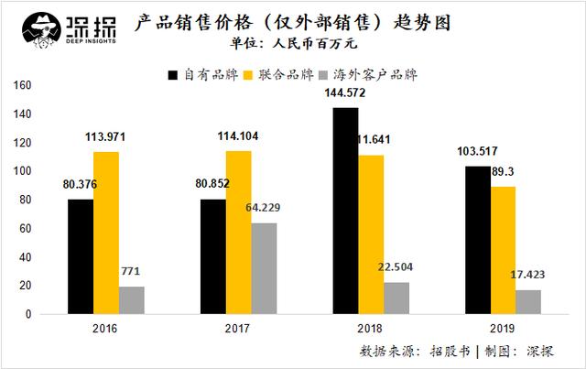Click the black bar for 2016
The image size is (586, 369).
(x=80, y=256)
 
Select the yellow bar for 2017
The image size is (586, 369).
(x=238, y=233)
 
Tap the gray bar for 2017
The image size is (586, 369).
(x=266, y=268)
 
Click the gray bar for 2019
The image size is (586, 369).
(x=527, y=302)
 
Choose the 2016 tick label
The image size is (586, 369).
(x=106, y=326)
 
